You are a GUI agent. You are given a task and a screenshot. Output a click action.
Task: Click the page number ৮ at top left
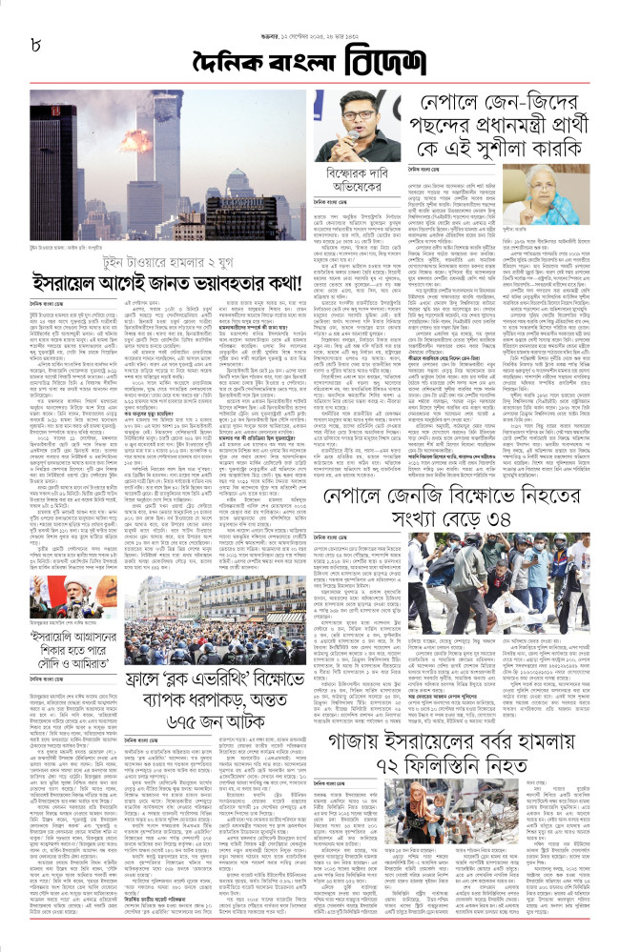(x=38, y=42)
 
